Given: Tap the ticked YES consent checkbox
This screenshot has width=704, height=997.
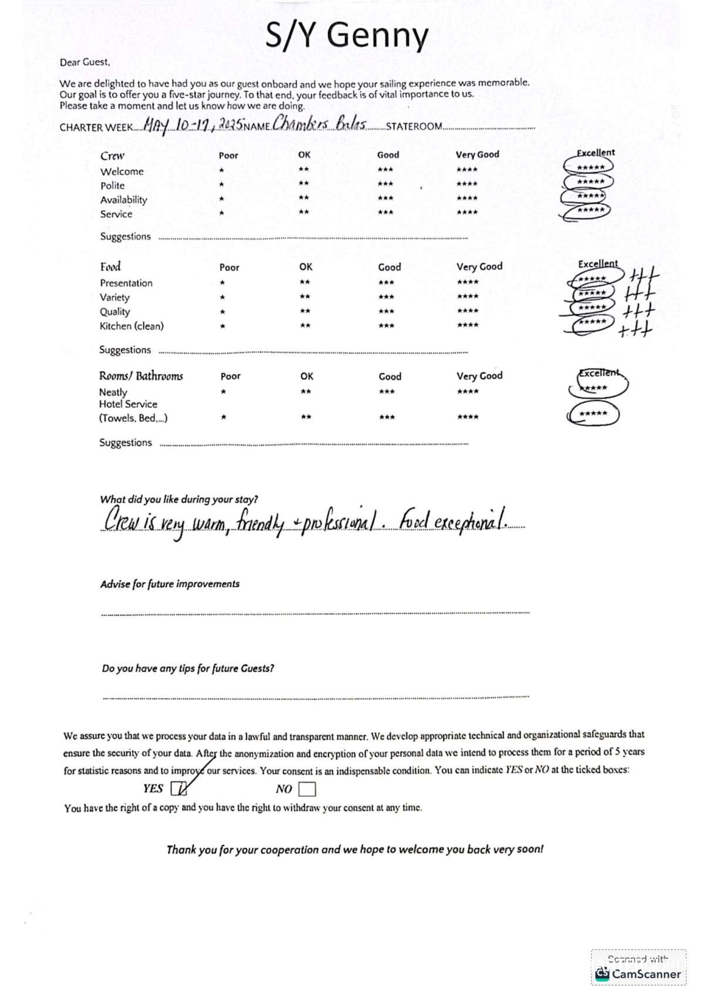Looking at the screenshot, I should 178,789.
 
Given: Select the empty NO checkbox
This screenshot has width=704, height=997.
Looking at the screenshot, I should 307,789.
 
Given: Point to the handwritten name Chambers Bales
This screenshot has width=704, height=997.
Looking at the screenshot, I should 320,124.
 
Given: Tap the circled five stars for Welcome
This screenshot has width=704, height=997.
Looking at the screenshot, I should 590,167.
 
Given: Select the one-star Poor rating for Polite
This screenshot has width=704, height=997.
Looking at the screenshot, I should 222,184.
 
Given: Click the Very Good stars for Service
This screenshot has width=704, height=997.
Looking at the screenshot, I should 467,212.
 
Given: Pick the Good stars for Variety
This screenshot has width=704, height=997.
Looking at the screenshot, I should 386,297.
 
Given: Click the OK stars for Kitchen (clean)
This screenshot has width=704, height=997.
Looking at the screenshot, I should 305,325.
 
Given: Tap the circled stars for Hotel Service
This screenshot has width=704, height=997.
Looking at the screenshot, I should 593,413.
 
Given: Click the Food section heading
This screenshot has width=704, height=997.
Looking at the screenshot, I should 110,267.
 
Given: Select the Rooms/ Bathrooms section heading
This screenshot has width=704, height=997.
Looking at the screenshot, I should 141,376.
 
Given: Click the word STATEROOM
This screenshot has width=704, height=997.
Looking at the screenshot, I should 414,126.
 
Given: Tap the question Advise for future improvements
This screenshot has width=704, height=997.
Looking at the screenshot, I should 170,584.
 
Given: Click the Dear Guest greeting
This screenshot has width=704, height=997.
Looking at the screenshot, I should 84,62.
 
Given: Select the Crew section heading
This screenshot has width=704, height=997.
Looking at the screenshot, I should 112,156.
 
